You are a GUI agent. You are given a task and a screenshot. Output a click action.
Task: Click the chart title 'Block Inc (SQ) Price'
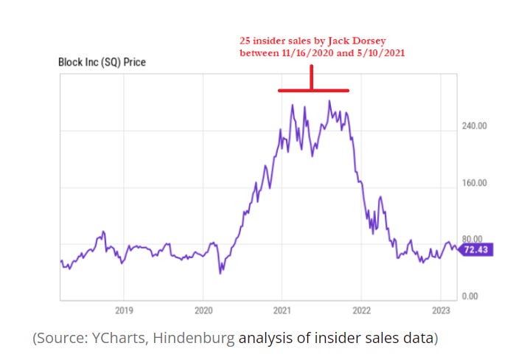pyautogui.click(x=102, y=63)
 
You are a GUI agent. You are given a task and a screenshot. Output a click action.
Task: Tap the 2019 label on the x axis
pyautogui.click(x=124, y=311)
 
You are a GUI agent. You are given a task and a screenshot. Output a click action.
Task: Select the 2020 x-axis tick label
pyautogui.click(x=203, y=311)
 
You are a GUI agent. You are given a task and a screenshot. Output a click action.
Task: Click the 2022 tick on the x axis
pyautogui.click(x=361, y=311)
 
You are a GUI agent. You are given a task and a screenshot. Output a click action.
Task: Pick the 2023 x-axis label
pyautogui.click(x=440, y=311)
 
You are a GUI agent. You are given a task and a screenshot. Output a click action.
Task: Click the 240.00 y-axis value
pyautogui.click(x=475, y=126)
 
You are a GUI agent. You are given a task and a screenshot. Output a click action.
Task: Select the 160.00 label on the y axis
pyautogui.click(x=475, y=183)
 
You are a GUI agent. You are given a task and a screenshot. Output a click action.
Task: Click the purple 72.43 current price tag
pyautogui.click(x=475, y=251)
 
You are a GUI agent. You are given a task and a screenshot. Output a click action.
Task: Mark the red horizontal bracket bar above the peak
pyautogui.click(x=313, y=91)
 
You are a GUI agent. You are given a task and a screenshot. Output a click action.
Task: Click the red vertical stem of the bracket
pyautogui.click(x=312, y=78)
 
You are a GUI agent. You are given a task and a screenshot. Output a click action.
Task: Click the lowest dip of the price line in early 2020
pyautogui.click(x=220, y=273)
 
